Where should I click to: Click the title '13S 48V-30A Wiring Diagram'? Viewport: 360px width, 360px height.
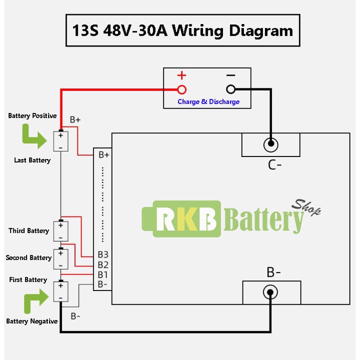tap(183, 31)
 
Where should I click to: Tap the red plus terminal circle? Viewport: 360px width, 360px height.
tap(182, 89)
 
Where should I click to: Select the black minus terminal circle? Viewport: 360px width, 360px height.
tap(231, 89)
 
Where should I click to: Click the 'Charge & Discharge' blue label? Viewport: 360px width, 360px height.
tap(209, 101)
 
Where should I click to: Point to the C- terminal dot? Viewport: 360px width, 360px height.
tap(271, 144)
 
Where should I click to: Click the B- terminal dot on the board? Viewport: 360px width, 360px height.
tap(270, 292)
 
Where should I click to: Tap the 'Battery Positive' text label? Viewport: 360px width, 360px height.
tap(32, 116)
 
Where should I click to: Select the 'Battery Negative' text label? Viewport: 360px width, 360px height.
tap(32, 321)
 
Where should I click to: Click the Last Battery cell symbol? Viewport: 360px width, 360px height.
tap(61, 141)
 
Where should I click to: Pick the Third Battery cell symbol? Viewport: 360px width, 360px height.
tap(61, 231)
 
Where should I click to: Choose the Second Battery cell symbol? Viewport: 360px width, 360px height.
tap(61, 259)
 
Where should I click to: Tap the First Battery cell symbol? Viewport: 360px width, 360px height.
tap(61, 291)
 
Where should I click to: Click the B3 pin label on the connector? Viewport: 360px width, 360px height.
tap(103, 255)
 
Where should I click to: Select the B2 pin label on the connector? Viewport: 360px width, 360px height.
tap(103, 265)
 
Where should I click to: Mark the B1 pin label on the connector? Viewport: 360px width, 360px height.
tap(103, 275)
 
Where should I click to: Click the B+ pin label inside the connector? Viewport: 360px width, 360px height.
tap(104, 155)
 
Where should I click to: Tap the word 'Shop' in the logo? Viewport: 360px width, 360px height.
tap(306, 207)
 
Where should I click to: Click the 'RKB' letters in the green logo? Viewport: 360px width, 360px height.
tap(187, 219)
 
